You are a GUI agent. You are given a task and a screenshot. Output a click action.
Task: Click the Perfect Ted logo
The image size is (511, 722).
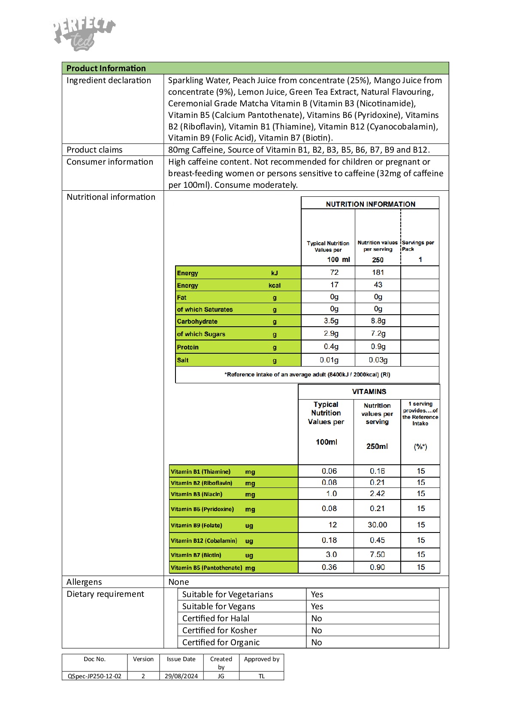pos(84,34)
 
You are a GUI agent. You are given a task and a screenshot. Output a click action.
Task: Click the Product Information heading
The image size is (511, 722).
pos(106,68)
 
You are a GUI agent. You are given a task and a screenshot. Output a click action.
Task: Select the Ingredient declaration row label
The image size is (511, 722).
pos(109,81)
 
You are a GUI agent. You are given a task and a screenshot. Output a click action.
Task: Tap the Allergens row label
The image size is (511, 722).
pos(84,582)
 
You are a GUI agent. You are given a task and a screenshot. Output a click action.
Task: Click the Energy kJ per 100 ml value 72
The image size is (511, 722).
pos(334,272)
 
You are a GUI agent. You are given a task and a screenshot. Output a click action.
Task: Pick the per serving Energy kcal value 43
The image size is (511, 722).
pos(378,285)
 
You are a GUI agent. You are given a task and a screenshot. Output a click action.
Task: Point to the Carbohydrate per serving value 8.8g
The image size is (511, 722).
pos(378,321)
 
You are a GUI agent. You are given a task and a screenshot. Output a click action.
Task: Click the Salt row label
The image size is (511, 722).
pos(183,360)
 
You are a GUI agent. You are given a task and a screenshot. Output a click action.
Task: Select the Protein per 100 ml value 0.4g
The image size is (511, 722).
pos(331,346)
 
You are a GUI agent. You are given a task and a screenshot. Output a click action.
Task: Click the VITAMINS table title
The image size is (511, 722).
pos(369,391)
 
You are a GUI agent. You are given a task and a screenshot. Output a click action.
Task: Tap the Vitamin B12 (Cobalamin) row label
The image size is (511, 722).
pos(204,541)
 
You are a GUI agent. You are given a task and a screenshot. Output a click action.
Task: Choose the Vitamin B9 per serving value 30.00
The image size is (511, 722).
pos(377,525)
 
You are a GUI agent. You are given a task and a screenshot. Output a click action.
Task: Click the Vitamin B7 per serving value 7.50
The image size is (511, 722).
pos(377,554)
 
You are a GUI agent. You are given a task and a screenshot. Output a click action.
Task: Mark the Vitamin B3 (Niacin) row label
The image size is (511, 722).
pos(197,494)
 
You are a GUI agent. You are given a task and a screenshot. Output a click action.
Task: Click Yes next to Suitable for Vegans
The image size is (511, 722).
pos(317,606)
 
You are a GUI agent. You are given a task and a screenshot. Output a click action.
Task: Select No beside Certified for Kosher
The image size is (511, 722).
pos(317,630)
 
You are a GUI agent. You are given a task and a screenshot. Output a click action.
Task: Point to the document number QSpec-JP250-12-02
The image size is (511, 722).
pos(94,676)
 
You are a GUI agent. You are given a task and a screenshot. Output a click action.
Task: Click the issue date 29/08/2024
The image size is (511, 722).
pos(181,676)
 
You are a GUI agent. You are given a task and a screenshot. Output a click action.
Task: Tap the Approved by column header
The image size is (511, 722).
pos(261,659)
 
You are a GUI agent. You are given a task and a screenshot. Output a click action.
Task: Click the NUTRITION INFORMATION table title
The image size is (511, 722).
pos(370,204)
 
